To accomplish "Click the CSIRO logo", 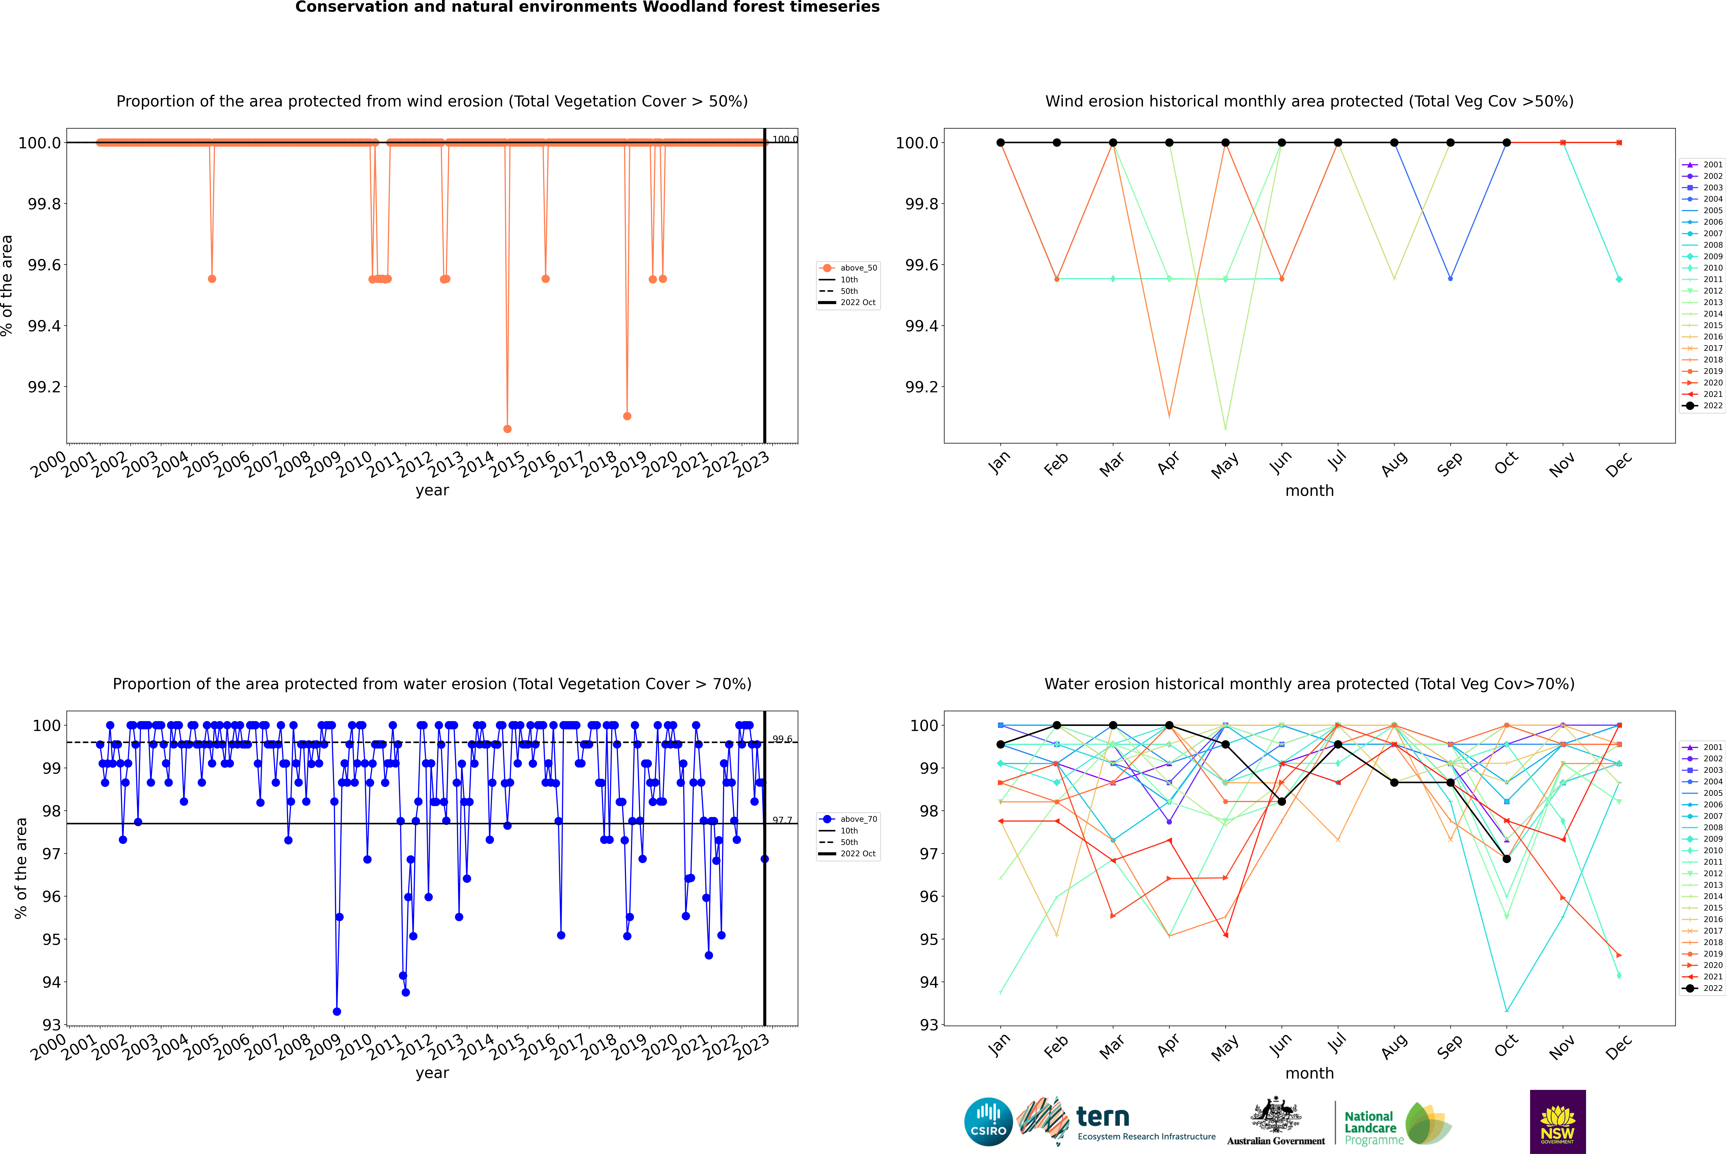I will pos(988,1122).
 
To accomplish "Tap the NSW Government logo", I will pos(1557,1122).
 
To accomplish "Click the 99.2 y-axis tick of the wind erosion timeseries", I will pos(44,387).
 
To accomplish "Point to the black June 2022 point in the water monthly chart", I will pos(1282,801).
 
